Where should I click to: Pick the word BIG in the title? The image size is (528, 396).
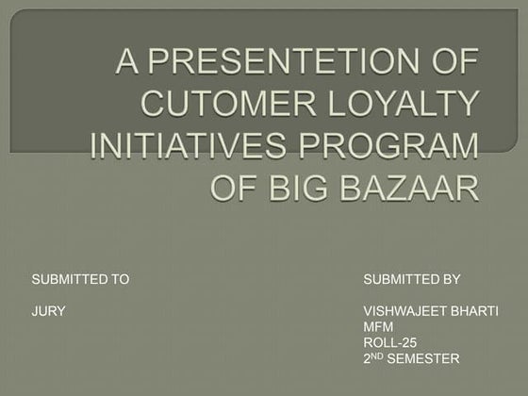coord(303,187)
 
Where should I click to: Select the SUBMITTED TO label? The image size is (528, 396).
coord(80,279)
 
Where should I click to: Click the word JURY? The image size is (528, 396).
coord(48,311)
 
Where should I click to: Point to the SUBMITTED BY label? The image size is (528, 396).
coord(411,279)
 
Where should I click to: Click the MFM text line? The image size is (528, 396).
coord(377,326)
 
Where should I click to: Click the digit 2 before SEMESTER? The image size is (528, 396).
coord(367,358)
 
